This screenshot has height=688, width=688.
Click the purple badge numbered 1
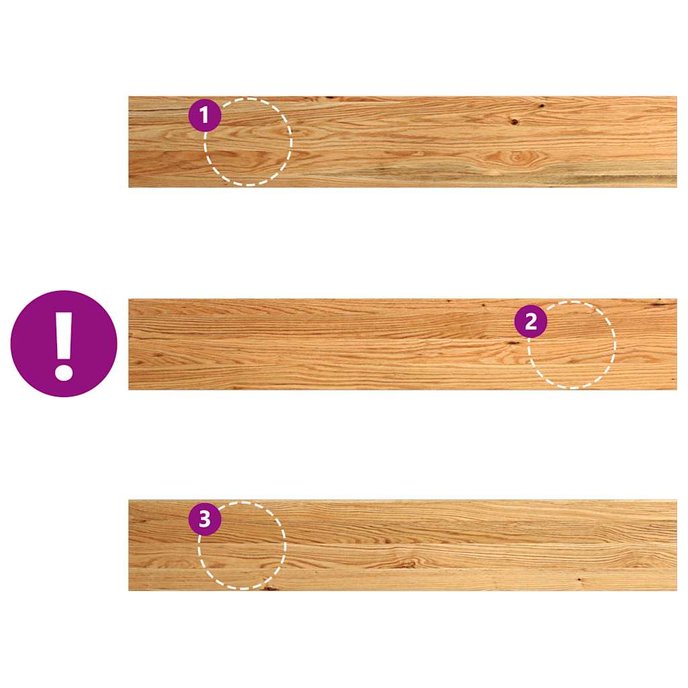click(x=204, y=115)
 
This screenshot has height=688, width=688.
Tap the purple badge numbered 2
click(x=531, y=321)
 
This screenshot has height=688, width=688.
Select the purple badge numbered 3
click(x=204, y=519)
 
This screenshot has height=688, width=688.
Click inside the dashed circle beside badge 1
click(x=249, y=142)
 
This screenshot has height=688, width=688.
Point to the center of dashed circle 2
click(x=572, y=345)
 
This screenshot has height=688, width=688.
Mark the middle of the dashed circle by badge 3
click(x=242, y=546)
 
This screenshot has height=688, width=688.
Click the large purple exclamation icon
click(x=64, y=343)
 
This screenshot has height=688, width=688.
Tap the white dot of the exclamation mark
click(x=64, y=371)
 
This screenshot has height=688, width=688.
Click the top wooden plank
click(x=402, y=142)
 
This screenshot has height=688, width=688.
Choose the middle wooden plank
click(x=402, y=345)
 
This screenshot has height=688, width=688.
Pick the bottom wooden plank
click(x=402, y=546)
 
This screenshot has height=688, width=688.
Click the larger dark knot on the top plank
click(x=514, y=122)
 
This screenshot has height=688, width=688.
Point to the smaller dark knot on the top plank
click(x=542, y=105)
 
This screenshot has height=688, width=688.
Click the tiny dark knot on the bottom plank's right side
click(x=580, y=580)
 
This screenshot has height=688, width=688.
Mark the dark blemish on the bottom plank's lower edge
click(x=269, y=588)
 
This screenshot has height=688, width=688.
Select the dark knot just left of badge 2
click(x=511, y=343)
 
